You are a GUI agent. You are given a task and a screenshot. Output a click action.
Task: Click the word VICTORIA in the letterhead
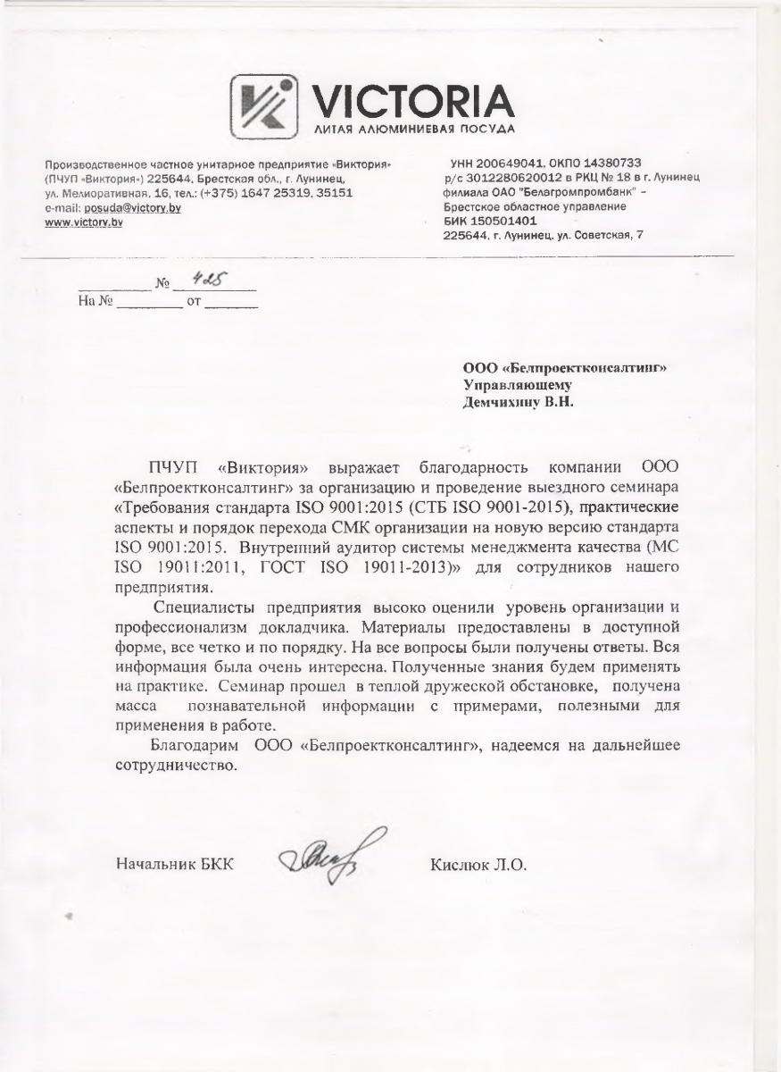[411, 102]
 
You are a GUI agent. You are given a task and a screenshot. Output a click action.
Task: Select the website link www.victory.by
[84, 222]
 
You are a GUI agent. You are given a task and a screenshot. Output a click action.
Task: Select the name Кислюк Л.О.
[478, 865]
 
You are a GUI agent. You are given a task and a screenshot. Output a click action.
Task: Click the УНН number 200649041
[513, 163]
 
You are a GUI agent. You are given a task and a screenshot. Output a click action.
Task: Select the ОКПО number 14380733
[606, 163]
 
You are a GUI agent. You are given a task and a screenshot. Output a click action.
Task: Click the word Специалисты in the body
[195, 608]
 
